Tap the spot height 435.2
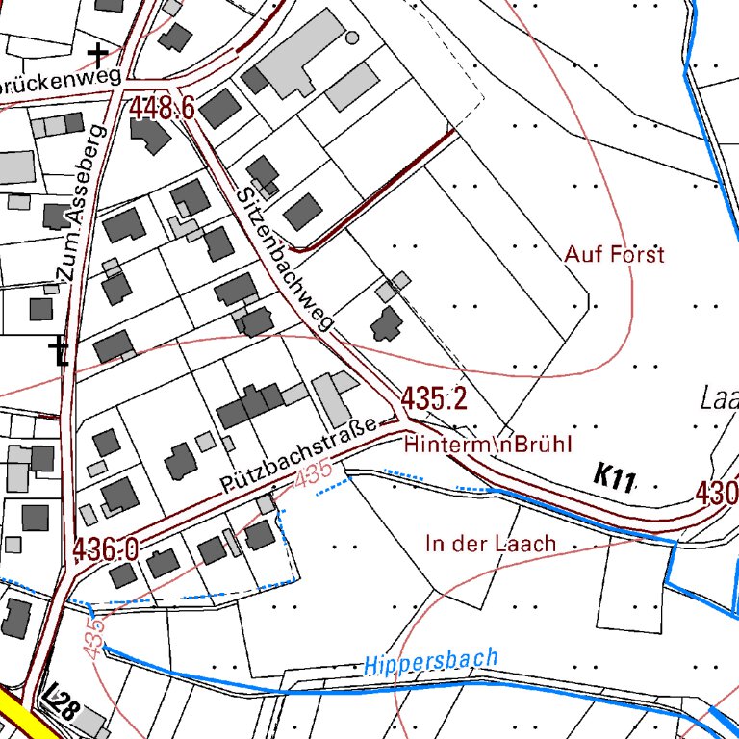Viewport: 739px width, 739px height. (x=434, y=398)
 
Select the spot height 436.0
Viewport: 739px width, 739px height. (x=105, y=549)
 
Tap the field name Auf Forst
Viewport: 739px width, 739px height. (x=614, y=255)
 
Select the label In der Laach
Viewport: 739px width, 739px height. (x=491, y=544)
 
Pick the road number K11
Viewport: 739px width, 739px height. (x=614, y=475)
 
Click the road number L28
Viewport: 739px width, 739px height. (x=62, y=709)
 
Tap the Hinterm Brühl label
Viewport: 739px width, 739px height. (x=489, y=445)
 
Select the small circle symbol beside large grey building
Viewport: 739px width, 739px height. (x=351, y=38)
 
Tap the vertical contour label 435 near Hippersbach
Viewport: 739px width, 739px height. (x=93, y=638)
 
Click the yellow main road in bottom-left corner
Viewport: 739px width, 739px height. (x=19, y=720)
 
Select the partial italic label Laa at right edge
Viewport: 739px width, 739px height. (x=720, y=398)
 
